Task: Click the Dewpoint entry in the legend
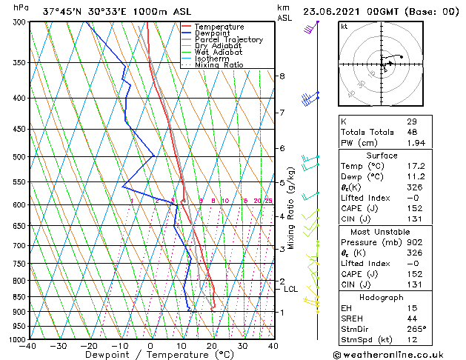209,33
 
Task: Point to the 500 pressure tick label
16,157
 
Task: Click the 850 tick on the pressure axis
16,296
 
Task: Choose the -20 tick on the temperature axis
89,346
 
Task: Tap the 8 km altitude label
282,76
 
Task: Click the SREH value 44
412,318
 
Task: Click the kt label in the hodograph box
344,27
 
